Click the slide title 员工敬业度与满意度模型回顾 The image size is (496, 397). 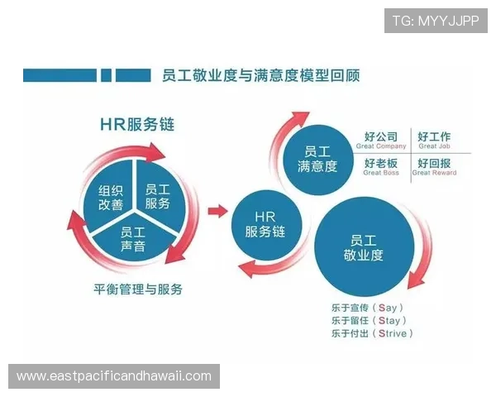(256, 75)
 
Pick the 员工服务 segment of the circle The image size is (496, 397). (157, 197)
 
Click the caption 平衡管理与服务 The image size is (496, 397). (138, 289)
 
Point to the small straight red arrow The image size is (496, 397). (217, 211)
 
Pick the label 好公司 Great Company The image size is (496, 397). (381, 141)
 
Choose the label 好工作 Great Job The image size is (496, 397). (434, 141)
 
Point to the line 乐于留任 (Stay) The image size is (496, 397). (368, 320)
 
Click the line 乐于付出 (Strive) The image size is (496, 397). (371, 333)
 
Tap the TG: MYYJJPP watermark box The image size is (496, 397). (436, 20)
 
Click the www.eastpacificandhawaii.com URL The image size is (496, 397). (114, 376)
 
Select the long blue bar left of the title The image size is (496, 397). (58, 75)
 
